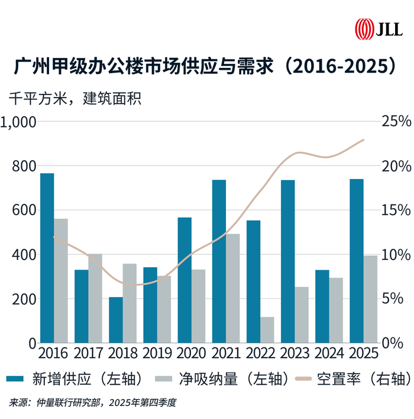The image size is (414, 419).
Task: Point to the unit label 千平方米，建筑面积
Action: [x=75, y=98]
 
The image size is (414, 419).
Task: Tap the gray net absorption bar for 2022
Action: [x=267, y=330]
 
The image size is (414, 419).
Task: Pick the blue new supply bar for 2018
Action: [x=116, y=320]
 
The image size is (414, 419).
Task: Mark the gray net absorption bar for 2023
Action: [x=302, y=315]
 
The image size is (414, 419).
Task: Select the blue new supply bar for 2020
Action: [x=185, y=280]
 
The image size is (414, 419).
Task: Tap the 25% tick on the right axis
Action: [x=395, y=122]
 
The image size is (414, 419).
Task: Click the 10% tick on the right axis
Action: [x=395, y=255]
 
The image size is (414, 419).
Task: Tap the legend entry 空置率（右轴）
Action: [x=351, y=379]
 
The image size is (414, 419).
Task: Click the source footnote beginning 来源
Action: [x=92, y=403]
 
